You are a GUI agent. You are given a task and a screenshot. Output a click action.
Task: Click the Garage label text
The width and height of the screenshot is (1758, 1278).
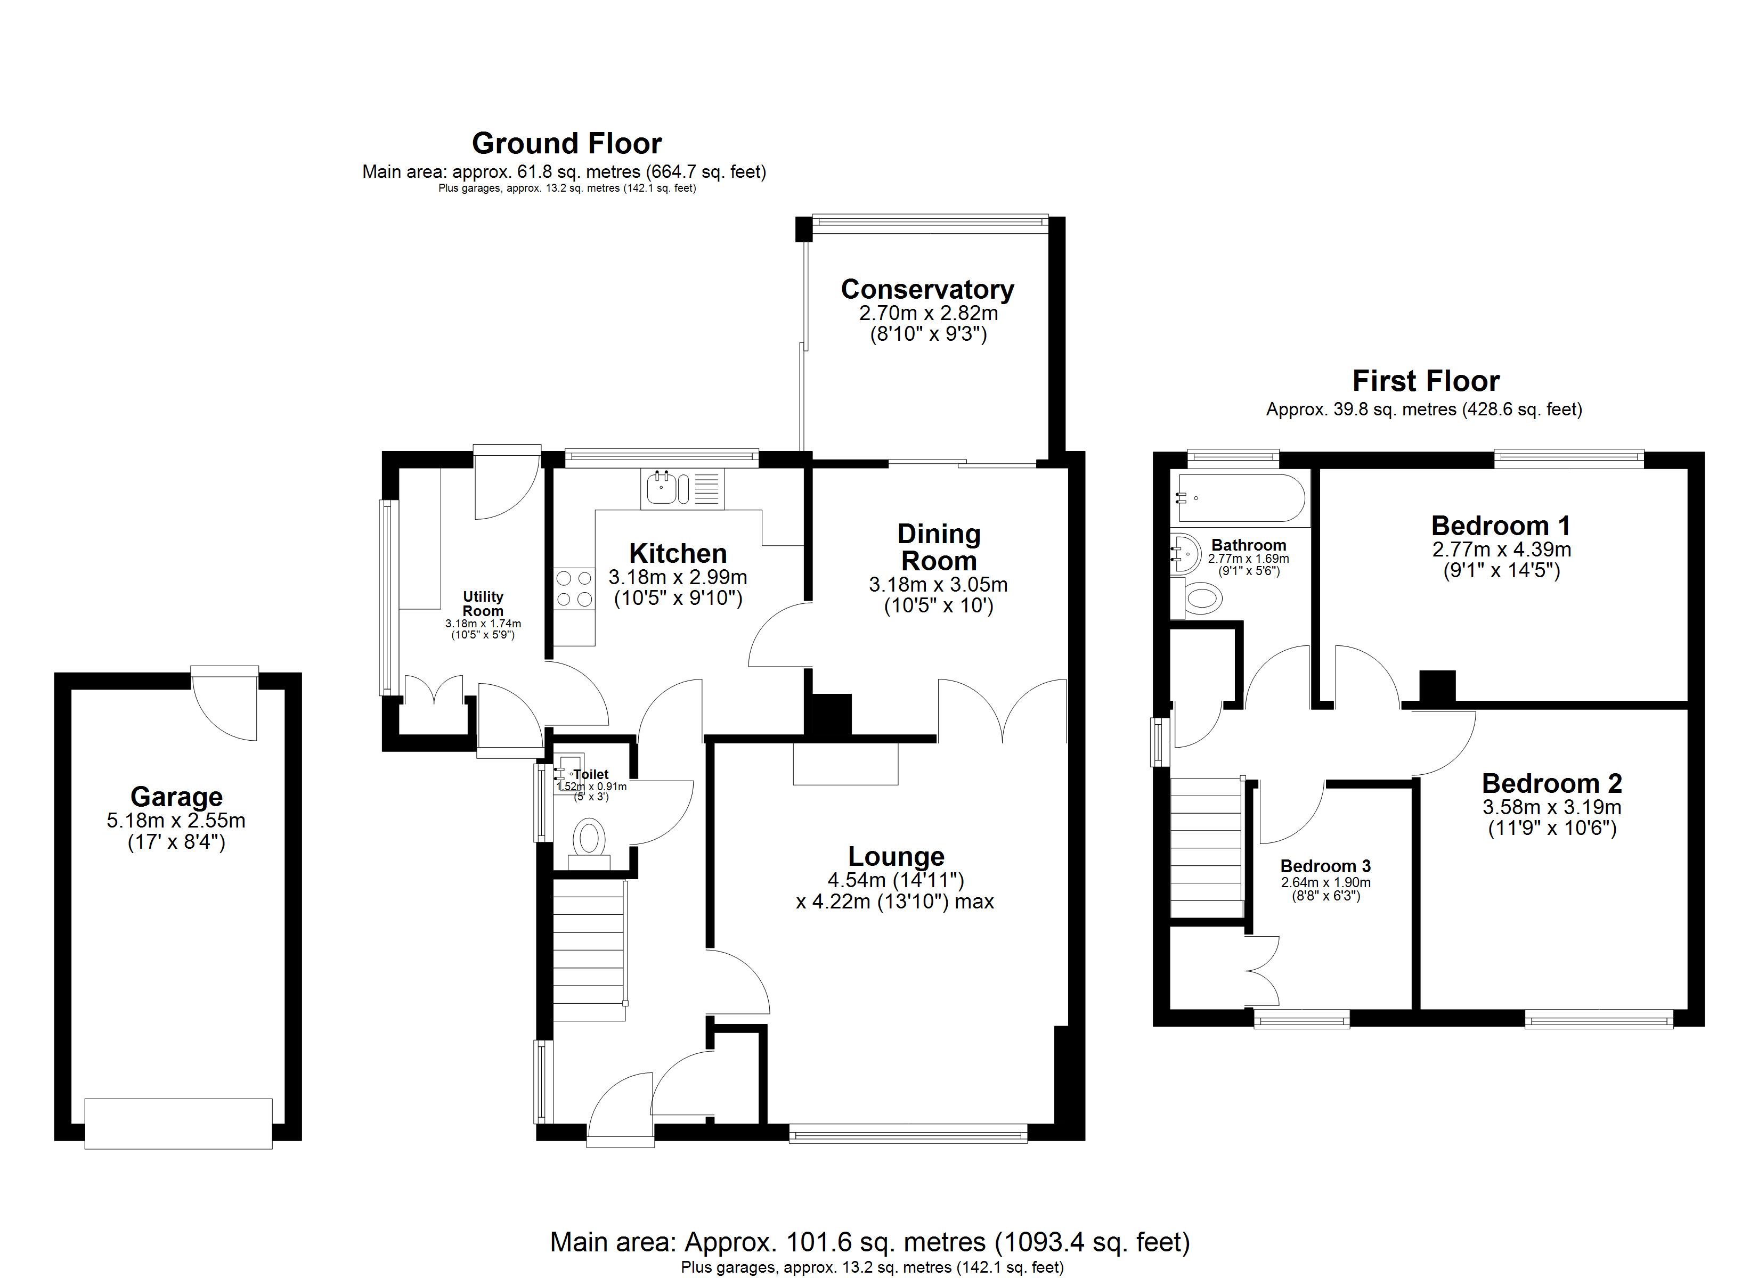point(177,796)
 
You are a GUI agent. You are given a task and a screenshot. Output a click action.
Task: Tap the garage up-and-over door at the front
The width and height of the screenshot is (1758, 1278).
point(178,1123)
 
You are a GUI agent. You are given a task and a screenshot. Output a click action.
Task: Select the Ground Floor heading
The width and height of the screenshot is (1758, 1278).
point(567,143)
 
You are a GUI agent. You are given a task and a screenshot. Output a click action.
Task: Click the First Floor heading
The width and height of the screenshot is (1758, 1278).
point(1426,381)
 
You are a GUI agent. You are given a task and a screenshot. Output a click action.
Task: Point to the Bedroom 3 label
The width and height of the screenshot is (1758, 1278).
point(1325,866)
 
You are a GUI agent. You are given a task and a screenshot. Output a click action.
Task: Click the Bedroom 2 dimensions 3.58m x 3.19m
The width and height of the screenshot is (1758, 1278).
point(1552,807)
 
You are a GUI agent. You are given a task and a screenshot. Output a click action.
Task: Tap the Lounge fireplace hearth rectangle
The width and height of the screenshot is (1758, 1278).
point(845,764)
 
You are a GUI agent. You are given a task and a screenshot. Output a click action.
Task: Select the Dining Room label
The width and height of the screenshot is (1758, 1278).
point(939,547)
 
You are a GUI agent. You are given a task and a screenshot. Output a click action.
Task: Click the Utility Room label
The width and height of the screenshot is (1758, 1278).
point(483,604)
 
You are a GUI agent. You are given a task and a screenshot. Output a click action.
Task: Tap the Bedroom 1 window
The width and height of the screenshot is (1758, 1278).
point(1569,459)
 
